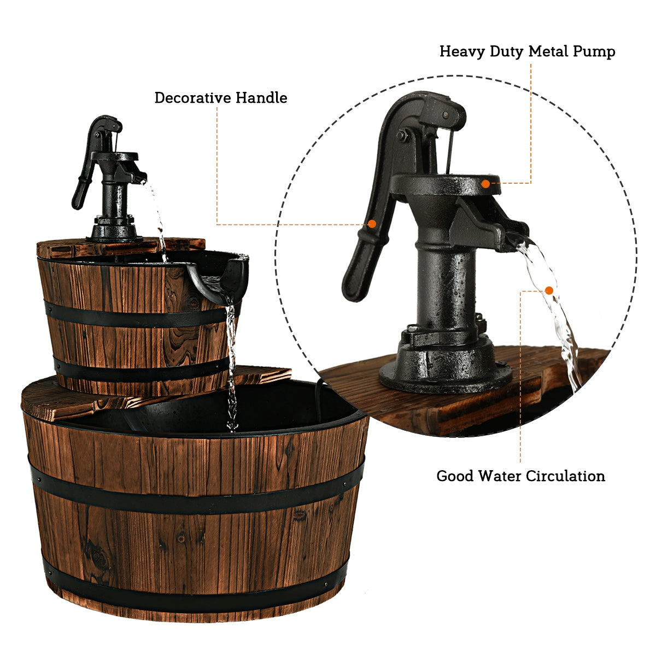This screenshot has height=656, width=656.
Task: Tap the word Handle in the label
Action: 261,98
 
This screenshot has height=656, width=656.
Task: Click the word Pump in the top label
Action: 594,51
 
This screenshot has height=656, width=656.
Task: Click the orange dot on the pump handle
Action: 372,224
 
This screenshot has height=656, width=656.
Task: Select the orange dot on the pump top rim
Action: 486,184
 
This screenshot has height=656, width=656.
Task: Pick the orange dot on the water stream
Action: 549,290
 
